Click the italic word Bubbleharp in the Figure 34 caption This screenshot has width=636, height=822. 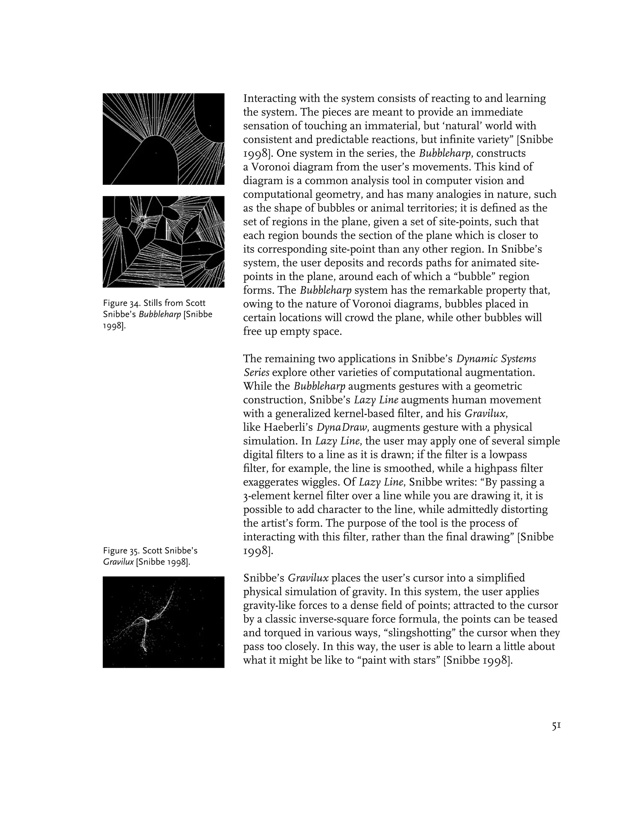(160, 315)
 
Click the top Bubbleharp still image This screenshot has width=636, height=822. (164, 139)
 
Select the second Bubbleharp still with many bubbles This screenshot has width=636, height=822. (164, 242)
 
